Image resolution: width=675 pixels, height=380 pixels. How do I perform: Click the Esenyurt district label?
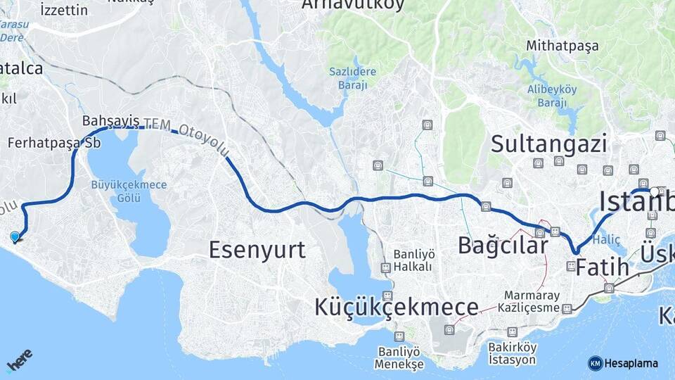point(257,249)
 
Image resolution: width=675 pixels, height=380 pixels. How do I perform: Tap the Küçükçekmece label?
point(397,307)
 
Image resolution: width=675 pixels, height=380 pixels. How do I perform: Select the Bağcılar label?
point(503,246)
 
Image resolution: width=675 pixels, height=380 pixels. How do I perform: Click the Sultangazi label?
point(548,144)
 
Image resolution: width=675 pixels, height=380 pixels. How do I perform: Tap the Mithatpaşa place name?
point(562,46)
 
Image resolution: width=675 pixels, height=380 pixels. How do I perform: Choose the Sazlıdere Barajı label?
point(352,78)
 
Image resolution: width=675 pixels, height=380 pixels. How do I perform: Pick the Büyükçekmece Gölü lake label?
point(129,191)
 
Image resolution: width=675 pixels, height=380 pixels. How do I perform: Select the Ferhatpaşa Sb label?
point(54,142)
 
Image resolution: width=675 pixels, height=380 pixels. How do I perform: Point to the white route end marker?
point(655,191)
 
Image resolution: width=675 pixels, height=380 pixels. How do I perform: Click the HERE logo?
point(19,359)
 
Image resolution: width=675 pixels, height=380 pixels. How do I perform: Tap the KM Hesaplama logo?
point(623,363)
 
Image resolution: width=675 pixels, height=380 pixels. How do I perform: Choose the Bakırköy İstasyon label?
point(513,354)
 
